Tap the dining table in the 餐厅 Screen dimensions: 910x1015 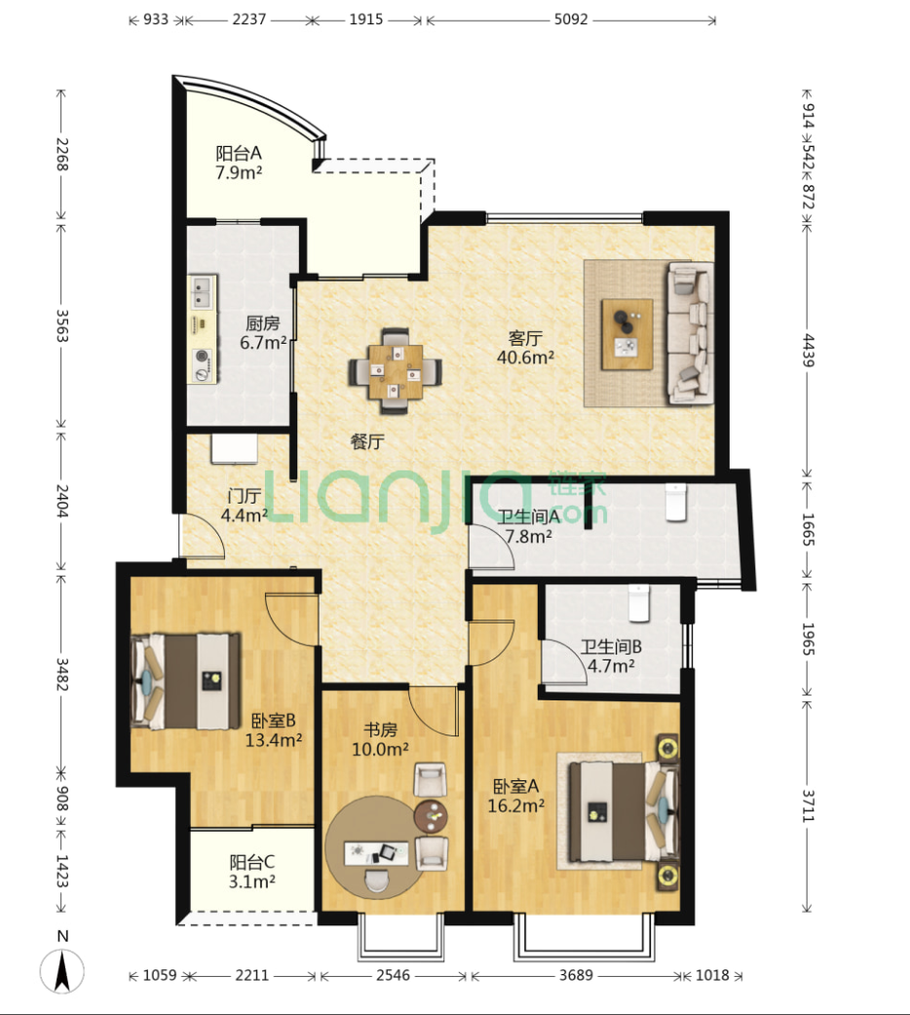coord(396,371)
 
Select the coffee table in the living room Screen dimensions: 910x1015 coord(626,334)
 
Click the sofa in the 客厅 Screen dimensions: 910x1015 coord(691,333)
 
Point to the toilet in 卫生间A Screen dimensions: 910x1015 coord(675,502)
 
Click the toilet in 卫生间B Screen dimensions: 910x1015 coord(638,603)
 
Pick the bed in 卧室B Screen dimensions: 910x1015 coord(186,682)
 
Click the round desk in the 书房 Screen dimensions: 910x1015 coord(375,846)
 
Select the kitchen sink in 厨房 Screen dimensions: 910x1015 coord(203,292)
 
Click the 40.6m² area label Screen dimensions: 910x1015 coord(525,357)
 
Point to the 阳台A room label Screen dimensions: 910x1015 coord(239,153)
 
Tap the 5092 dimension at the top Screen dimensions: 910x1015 coord(571,19)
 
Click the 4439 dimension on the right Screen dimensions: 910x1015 coord(808,351)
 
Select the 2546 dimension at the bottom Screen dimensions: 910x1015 coord(394,975)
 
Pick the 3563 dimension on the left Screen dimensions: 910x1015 coord(61,327)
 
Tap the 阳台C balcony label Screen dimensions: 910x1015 coord(252,862)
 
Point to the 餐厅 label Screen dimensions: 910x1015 coord(367,441)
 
